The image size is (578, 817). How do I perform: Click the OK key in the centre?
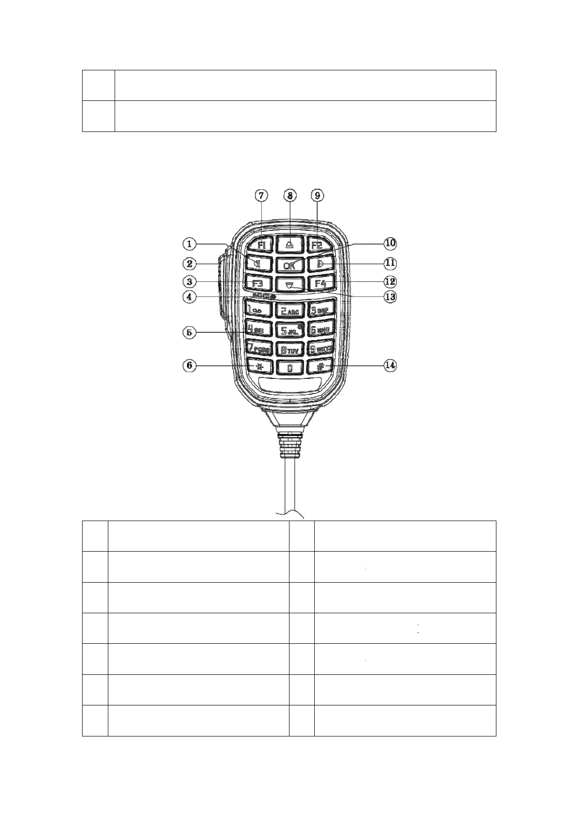pos(290,265)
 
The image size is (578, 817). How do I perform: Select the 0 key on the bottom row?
pos(290,367)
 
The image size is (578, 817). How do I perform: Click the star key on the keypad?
pos(259,365)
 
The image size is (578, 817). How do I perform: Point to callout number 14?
pos(390,365)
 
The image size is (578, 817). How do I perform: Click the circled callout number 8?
pos(290,196)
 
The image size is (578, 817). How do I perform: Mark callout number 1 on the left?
pos(190,243)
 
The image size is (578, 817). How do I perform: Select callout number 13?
pos(390,296)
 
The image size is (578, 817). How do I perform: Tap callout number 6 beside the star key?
pos(190,365)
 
